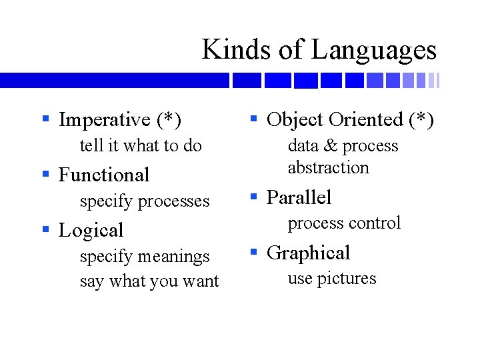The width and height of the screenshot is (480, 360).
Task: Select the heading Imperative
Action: click(105, 120)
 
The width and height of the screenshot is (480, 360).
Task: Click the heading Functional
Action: click(104, 175)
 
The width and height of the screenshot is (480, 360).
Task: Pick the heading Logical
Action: click(91, 231)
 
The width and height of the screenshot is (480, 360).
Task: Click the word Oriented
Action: click(365, 119)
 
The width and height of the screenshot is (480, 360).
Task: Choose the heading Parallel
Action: click(299, 197)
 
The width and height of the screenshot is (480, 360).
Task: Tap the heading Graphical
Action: click(308, 253)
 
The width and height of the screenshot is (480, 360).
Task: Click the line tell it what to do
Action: click(140, 145)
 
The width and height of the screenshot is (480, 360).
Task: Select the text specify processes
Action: click(144, 201)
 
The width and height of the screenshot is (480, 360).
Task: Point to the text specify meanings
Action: click(144, 257)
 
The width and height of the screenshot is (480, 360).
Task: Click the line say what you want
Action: click(149, 281)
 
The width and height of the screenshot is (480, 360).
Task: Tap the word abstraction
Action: click(328, 167)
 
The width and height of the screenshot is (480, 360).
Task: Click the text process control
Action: click(344, 223)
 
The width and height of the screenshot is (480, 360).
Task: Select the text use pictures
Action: click(331, 278)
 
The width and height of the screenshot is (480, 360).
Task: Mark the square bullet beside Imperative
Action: click(46, 120)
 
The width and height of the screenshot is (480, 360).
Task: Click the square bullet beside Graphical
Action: click(254, 253)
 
